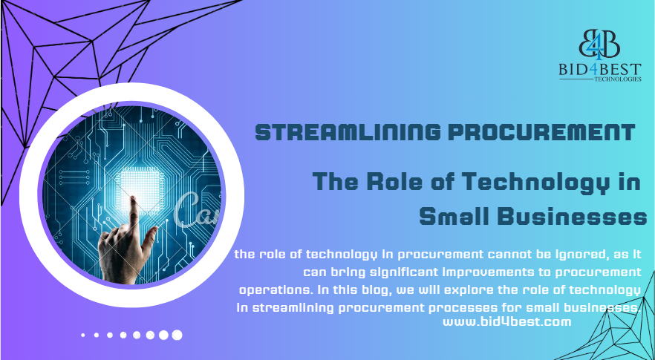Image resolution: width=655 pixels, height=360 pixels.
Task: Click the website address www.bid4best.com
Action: [506, 322]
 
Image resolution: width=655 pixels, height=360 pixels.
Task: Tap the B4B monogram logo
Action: [599, 44]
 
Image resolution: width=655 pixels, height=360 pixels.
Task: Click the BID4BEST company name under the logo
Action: [600, 69]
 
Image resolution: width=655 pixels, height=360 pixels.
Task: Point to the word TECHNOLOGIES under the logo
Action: [618, 79]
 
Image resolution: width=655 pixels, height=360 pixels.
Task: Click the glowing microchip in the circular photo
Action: [138, 189]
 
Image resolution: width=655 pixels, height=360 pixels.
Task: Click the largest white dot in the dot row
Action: [177, 335]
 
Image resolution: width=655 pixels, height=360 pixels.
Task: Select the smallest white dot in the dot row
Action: [83, 335]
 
